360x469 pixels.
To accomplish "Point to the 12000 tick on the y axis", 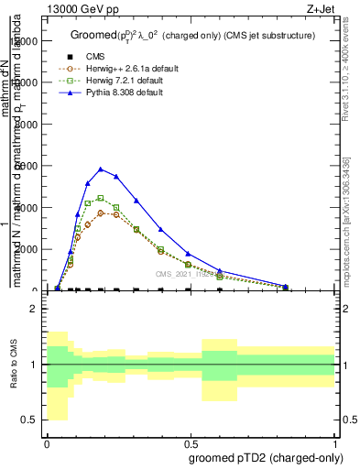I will (25, 40).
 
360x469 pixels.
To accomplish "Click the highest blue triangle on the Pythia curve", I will (101, 169).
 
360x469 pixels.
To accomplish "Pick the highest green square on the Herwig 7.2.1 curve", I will (101, 198).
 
